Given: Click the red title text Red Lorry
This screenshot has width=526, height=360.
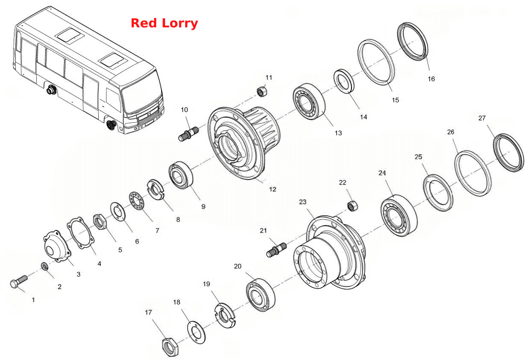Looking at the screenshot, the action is coord(164,23).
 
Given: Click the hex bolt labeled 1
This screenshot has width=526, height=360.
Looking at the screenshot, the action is coord(19,282).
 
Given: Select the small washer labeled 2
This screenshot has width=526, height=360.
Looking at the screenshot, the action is coord(44,266).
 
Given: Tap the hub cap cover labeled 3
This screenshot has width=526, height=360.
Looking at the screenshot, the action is coord(57,246).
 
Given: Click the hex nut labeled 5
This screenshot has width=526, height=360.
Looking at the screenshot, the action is coord(100,222).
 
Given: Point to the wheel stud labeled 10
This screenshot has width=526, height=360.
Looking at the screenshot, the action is coord(189,134).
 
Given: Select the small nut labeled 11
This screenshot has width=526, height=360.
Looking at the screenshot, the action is coord(262,91).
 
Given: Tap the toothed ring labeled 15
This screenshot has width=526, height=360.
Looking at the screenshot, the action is coord(376,62).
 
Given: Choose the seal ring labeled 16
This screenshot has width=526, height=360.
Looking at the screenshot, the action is coord(413,41).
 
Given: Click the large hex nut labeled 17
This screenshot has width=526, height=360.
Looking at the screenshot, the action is coord(171,347).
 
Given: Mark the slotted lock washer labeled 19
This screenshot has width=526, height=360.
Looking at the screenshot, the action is coord(225,316).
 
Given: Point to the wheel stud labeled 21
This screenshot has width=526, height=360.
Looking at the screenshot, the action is coord(276,250).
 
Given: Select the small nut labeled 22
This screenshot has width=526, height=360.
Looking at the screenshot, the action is coord(352,206).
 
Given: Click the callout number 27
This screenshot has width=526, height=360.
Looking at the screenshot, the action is coord(482,118).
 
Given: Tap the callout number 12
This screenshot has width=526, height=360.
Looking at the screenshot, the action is coord(272,189).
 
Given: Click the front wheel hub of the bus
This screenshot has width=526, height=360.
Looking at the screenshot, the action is coord(111,125).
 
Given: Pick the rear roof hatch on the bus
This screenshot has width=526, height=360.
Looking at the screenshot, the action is coord(70,35).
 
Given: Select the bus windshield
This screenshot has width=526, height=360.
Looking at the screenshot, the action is coord(142,93).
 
